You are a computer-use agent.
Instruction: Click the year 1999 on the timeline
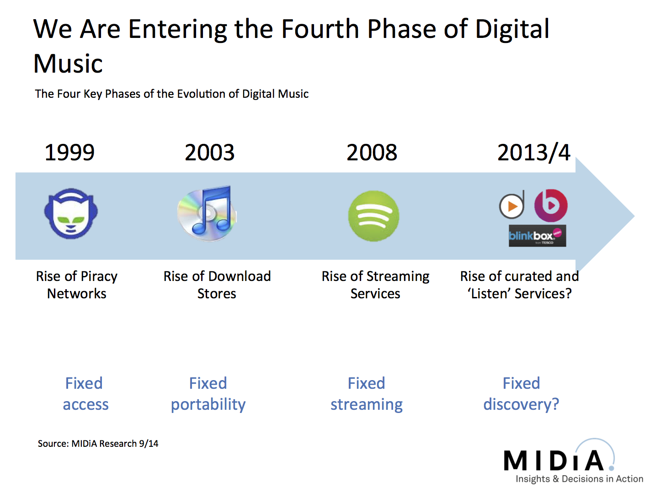tap(69, 152)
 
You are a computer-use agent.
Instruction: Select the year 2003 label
tap(209, 152)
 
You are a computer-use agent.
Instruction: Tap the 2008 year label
tap(372, 152)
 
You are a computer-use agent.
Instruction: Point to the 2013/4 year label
tap(533, 152)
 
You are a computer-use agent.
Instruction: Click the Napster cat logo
tap(71, 213)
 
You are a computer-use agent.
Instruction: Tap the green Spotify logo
tap(373, 216)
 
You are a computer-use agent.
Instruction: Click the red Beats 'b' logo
tap(551, 206)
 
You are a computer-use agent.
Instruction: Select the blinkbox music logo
tap(537, 236)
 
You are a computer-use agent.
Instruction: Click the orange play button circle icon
tap(511, 206)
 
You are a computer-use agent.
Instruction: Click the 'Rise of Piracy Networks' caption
tap(77, 285)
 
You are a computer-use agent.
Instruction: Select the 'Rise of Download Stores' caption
tap(217, 285)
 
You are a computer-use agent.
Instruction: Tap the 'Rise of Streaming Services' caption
tap(375, 285)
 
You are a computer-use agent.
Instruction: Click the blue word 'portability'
tap(208, 405)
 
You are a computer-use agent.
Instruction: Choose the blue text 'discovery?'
tap(521, 404)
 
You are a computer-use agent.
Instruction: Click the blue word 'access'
tap(85, 405)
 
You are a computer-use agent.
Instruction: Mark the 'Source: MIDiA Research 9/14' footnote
tap(98, 444)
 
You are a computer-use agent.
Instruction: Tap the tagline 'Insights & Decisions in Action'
tap(579, 479)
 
